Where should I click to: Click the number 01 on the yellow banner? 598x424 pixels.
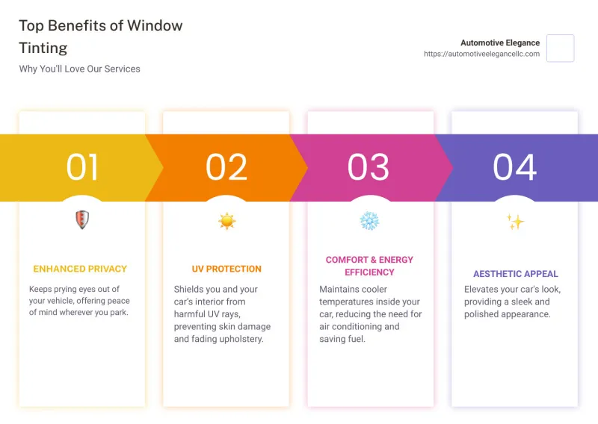point(82,167)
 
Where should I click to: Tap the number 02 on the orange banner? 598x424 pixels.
point(226,167)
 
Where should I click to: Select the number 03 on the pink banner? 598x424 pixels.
point(368,167)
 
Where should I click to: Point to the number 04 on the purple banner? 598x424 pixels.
point(515,167)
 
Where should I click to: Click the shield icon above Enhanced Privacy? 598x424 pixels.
point(82,219)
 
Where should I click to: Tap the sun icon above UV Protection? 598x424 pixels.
point(227,221)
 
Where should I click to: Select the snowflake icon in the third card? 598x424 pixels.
point(369,220)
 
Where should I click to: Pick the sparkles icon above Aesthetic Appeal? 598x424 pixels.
point(515,222)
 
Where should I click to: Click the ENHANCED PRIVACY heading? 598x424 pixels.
point(80,269)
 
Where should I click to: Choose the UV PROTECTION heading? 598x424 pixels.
point(226,269)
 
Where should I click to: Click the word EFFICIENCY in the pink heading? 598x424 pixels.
point(369,272)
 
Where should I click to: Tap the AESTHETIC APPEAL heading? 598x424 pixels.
point(516,274)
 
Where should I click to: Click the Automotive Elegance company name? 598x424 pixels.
point(500,43)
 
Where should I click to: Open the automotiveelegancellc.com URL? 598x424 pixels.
point(481,54)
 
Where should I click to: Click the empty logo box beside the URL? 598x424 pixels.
point(560,49)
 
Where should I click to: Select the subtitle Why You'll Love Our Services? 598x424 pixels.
point(80,69)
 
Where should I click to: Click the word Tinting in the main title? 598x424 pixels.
point(43,48)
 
